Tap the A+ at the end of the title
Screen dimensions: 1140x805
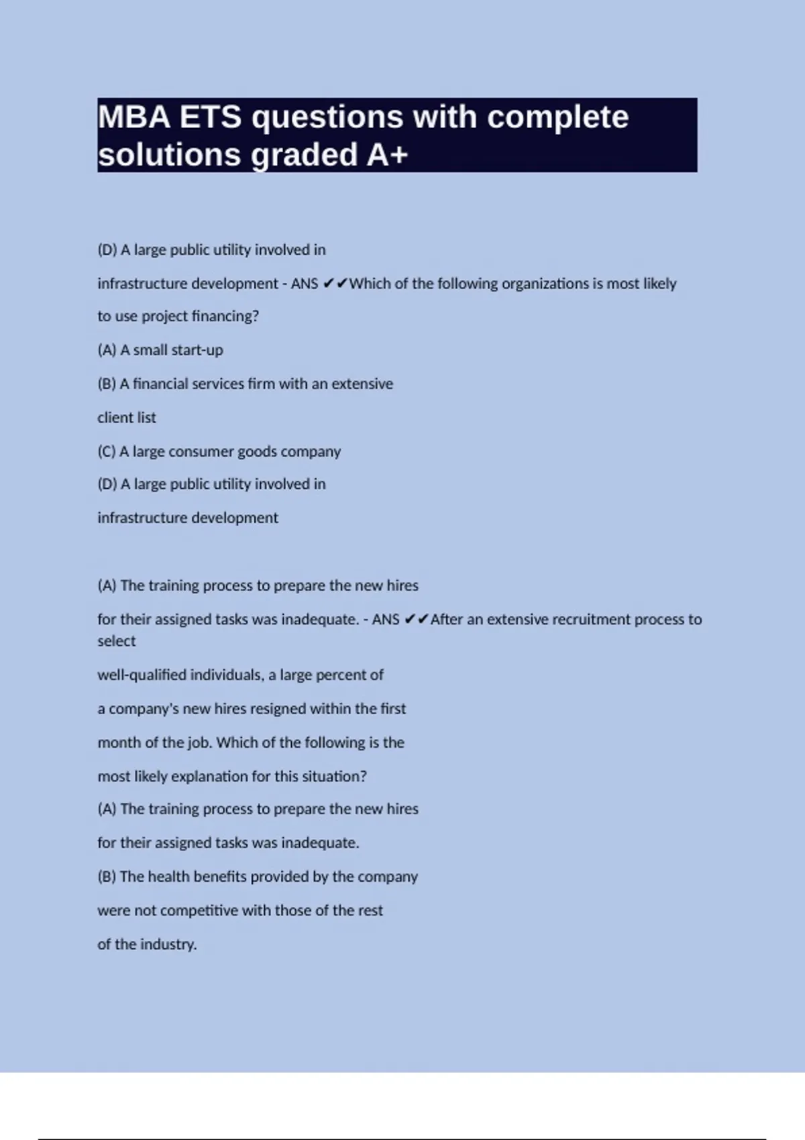tap(387, 155)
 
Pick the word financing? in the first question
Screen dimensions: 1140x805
tap(225, 316)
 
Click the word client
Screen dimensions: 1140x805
tap(112, 418)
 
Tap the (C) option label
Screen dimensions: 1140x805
tap(107, 451)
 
